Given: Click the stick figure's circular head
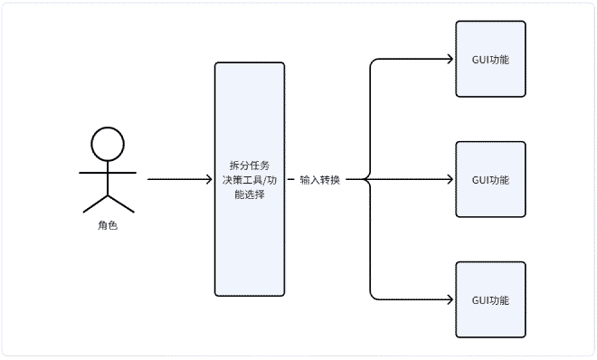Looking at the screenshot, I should [x=108, y=144].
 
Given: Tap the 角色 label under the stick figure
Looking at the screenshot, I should [x=108, y=225].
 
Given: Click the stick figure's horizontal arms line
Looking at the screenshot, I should [x=108, y=171].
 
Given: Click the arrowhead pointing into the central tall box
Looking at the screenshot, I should [x=209, y=179].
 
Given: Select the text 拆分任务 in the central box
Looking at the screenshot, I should [x=250, y=165].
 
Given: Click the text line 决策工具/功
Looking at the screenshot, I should [x=250, y=179].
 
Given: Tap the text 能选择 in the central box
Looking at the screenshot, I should [x=250, y=194].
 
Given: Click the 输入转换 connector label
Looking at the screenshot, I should [x=319, y=179].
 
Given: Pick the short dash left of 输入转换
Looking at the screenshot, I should [x=292, y=179].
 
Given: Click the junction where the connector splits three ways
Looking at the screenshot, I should [x=370, y=179].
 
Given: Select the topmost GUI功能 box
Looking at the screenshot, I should [x=490, y=60].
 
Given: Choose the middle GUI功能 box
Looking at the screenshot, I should [x=490, y=179].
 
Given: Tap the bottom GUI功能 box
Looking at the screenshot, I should [x=490, y=299].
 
